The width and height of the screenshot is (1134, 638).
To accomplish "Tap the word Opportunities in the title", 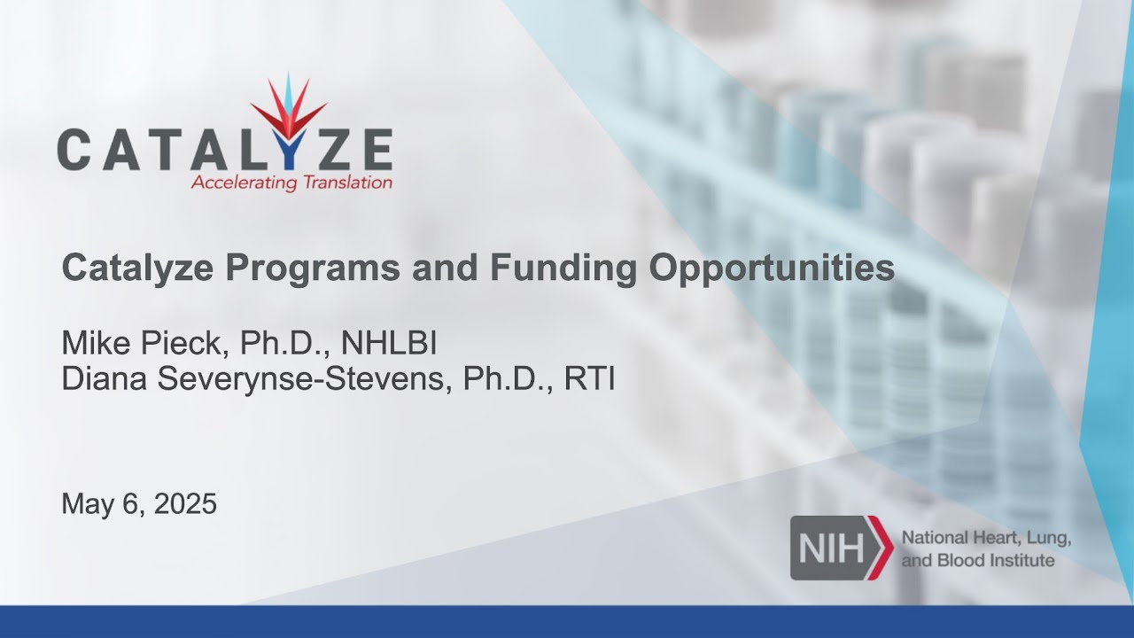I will (x=772, y=268).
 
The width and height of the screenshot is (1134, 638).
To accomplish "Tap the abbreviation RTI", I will (x=589, y=378).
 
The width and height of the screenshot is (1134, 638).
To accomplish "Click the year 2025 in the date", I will (x=185, y=504).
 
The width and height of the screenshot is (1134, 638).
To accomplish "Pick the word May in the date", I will (x=85, y=504).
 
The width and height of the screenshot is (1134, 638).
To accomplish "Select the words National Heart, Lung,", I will (x=986, y=538).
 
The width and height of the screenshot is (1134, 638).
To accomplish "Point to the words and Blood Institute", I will (x=977, y=560).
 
